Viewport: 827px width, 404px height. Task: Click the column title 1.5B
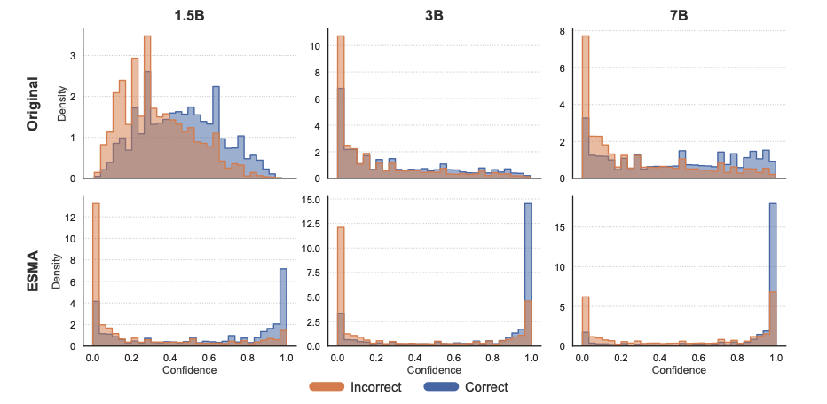[190, 15]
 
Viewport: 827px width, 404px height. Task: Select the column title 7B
[679, 15]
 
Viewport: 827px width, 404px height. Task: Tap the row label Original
[33, 103]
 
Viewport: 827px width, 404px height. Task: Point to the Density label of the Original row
[62, 103]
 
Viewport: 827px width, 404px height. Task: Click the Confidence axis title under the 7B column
[679, 369]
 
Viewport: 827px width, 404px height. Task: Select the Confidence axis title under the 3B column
[435, 369]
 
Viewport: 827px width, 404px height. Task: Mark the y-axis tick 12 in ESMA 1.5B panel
[73, 217]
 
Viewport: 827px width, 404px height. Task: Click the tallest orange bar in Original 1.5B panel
[147, 107]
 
